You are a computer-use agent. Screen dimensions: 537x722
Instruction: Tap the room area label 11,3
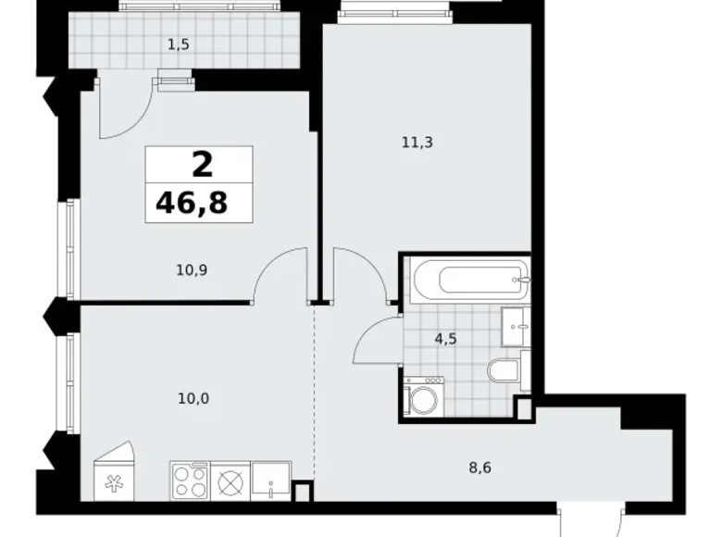coord(417,143)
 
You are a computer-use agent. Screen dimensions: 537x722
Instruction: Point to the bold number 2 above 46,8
coord(201,165)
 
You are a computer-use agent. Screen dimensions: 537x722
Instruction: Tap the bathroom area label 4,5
coord(447,338)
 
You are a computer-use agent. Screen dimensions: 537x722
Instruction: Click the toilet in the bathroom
coord(505,371)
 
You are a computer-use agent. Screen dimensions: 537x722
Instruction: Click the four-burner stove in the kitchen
coord(190,481)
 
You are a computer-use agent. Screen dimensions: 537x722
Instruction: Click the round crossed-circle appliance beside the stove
coord(230,481)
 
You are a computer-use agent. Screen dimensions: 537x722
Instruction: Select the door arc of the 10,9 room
coord(278,273)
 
